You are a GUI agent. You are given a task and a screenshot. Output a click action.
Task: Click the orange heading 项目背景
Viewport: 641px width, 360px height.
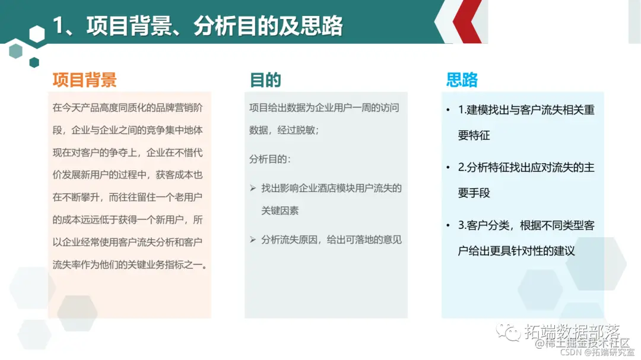[84, 80]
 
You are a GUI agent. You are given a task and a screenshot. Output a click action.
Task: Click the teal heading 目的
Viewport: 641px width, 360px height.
[265, 80]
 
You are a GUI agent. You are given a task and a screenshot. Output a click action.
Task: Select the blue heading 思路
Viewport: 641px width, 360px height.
[462, 80]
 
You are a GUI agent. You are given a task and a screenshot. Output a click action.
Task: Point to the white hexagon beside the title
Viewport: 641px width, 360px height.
[37, 34]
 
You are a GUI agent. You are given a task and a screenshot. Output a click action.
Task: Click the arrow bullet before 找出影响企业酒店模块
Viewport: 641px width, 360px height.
[253, 188]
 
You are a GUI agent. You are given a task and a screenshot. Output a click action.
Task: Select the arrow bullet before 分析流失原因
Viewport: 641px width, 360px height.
[253, 240]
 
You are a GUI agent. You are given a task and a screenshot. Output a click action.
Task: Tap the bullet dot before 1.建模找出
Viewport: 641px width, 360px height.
[448, 110]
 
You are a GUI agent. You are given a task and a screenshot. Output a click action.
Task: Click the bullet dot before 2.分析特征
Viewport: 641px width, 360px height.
[448, 168]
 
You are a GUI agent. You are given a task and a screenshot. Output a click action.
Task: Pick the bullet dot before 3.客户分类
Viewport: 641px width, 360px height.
[448, 226]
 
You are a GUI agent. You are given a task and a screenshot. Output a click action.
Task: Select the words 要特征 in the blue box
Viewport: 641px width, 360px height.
[474, 135]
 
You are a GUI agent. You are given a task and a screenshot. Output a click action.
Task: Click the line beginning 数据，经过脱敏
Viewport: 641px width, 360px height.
[284, 130]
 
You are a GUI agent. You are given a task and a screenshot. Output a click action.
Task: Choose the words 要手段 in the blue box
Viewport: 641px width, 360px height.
[474, 193]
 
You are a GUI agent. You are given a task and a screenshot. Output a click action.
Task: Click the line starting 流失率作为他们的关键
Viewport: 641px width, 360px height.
[130, 265]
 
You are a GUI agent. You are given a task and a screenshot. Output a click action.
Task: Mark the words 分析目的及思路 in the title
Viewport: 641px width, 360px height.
[268, 26]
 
